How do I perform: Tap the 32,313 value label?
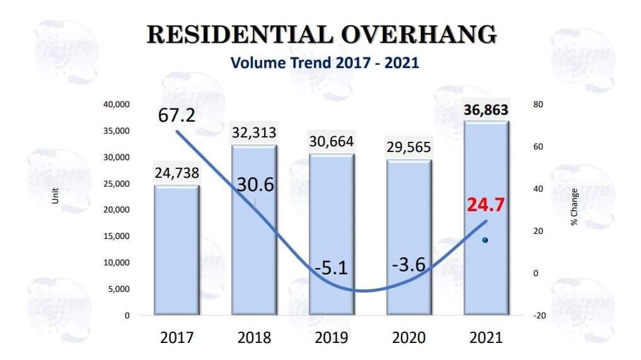[254, 134]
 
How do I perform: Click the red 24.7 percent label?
[485, 205]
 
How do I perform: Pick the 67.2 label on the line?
[176, 117]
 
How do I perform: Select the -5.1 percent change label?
[332, 269]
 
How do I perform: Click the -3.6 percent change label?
[408, 265]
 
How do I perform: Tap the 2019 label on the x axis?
[332, 337]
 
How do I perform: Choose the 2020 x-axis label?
[408, 337]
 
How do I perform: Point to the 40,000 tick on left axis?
[117, 104]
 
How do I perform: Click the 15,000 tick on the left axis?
[117, 236]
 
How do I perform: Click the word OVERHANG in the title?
[419, 35]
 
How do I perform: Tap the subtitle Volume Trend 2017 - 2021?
[325, 63]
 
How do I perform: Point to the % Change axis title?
[574, 206]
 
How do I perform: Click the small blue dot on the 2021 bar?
[485, 240]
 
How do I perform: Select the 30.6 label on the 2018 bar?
[255, 184]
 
